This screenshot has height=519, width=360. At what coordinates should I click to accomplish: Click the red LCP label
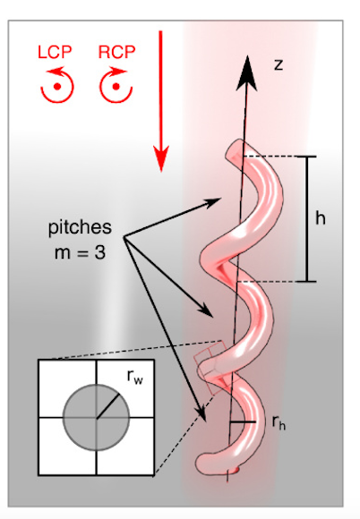(55, 52)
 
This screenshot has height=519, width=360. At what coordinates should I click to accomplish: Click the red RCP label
(117, 52)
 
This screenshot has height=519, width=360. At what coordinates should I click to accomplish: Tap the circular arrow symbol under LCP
(57, 85)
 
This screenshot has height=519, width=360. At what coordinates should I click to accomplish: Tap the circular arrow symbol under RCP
(116, 85)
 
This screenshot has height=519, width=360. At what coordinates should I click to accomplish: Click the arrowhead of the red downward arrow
(161, 158)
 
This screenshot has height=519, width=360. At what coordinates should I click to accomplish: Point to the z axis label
(279, 64)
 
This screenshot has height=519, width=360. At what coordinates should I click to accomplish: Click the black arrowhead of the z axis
(247, 72)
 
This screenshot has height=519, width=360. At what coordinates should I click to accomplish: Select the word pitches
(80, 227)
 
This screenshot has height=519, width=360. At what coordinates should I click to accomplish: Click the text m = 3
(80, 253)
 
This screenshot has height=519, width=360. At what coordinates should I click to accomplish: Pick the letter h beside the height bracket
(321, 218)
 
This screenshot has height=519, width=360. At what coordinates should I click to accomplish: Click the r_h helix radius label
(279, 422)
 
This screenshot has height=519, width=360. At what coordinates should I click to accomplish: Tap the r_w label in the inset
(135, 377)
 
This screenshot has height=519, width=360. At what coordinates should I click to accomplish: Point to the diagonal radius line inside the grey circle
(107, 406)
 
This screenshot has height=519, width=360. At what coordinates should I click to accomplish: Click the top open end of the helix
(234, 151)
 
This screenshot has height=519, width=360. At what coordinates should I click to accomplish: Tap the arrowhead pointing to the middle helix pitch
(205, 311)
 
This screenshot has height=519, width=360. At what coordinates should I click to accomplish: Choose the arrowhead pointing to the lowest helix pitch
(201, 413)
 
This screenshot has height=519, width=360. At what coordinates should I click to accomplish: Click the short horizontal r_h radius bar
(243, 422)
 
